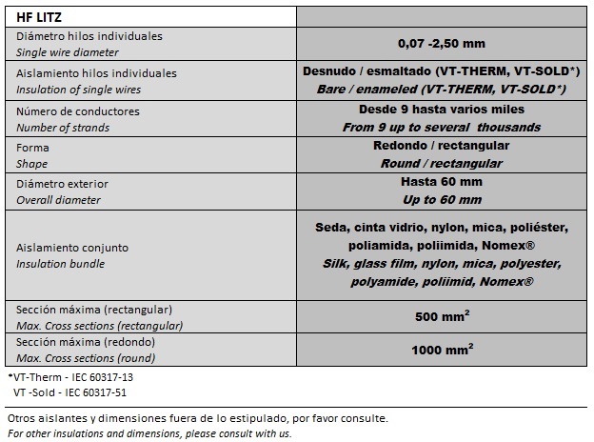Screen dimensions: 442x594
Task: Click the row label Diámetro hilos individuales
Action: [89, 35]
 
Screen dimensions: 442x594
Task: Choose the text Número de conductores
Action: [78, 111]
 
